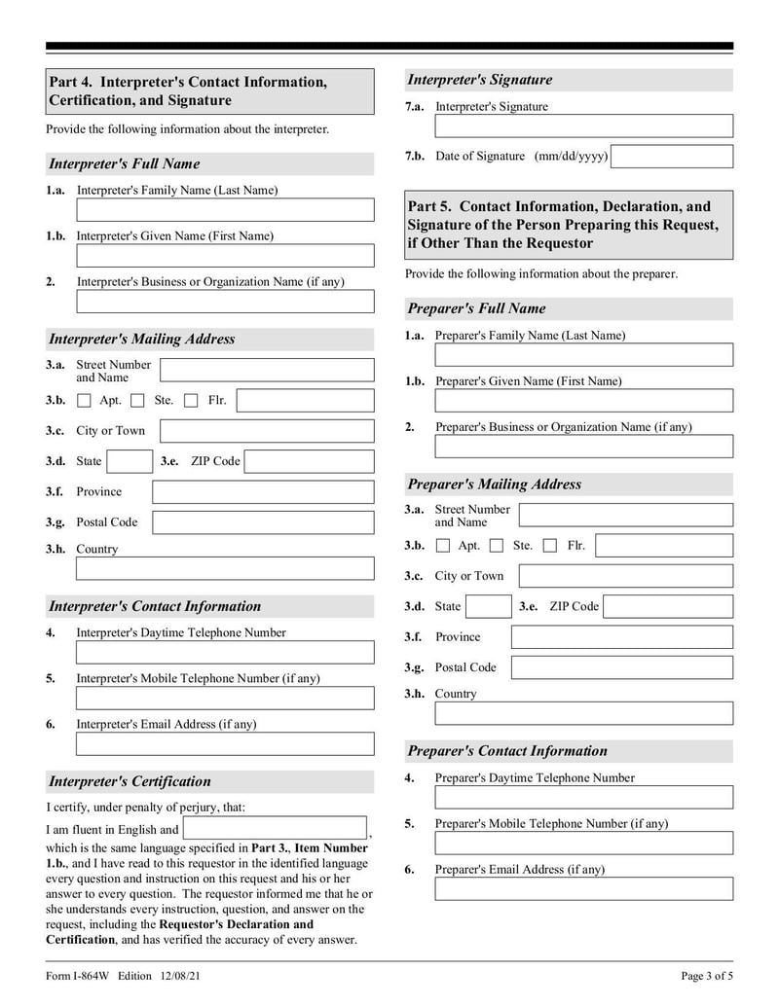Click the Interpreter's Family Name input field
tap(225, 210)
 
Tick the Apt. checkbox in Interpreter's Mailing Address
tap(84, 401)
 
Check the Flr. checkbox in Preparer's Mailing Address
tap(550, 546)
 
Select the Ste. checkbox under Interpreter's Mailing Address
tap(137, 401)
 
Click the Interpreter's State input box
tap(129, 461)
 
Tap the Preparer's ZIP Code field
tap(668, 607)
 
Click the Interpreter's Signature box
tap(583, 126)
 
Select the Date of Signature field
tap(672, 157)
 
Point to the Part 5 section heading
tap(569, 225)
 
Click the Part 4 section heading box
tap(209, 91)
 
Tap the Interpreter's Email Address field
tap(225, 744)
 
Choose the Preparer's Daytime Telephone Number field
tap(583, 798)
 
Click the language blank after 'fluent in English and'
tap(275, 829)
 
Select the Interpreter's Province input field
tap(263, 492)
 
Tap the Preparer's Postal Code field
tap(621, 667)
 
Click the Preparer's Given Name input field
tap(583, 401)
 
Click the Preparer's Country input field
tap(583, 713)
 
